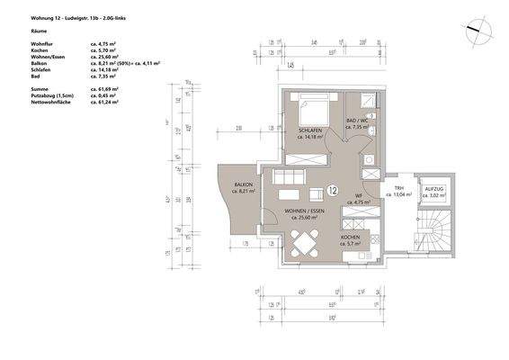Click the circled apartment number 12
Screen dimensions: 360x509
tap(333, 190)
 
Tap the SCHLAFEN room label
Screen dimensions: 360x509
tap(310, 131)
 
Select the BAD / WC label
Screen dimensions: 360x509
tap(359, 121)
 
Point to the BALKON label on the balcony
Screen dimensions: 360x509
tap(244, 186)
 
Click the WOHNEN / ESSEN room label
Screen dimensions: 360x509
tap(304, 211)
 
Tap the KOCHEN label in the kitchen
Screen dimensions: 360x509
tap(350, 238)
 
